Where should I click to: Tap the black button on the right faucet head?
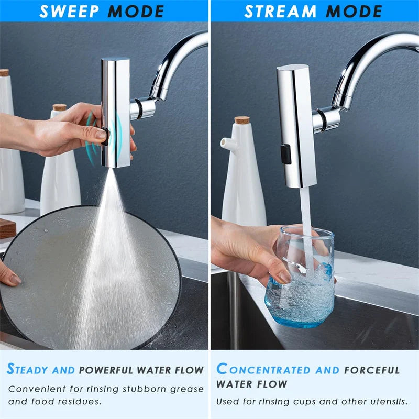[285, 154]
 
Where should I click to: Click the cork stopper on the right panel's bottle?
[242, 120]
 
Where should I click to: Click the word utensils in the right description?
[387, 402]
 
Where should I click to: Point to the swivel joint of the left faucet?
[141, 108]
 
